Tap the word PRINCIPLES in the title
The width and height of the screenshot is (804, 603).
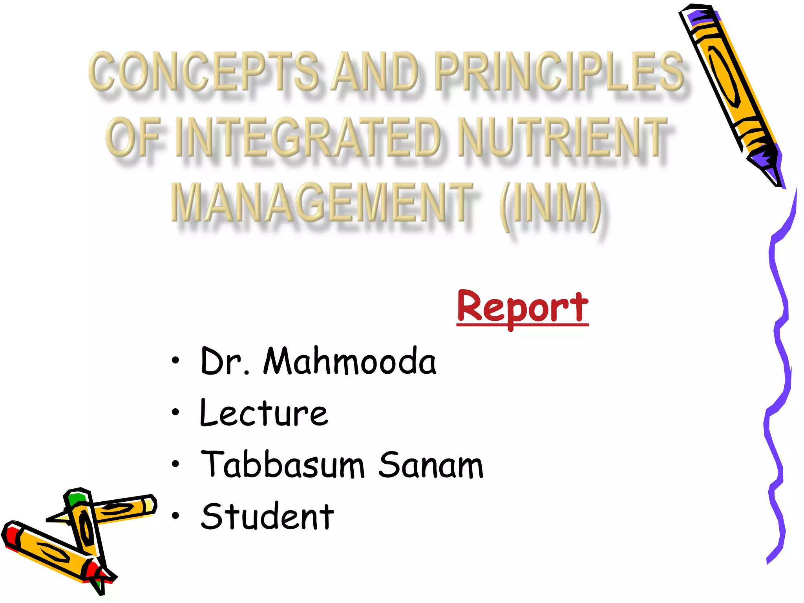pyautogui.click(x=559, y=71)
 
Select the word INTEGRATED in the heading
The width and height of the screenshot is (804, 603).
pyautogui.click(x=308, y=137)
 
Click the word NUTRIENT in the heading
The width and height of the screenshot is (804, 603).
pyautogui.click(x=563, y=137)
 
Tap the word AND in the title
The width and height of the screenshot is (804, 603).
pyautogui.click(x=375, y=71)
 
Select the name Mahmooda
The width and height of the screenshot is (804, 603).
pyautogui.click(x=349, y=361)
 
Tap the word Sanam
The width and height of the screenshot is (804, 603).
pyautogui.click(x=431, y=465)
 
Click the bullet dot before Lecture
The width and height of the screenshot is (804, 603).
pyautogui.click(x=175, y=412)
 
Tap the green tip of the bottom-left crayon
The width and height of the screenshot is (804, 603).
pyautogui.click(x=75, y=499)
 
